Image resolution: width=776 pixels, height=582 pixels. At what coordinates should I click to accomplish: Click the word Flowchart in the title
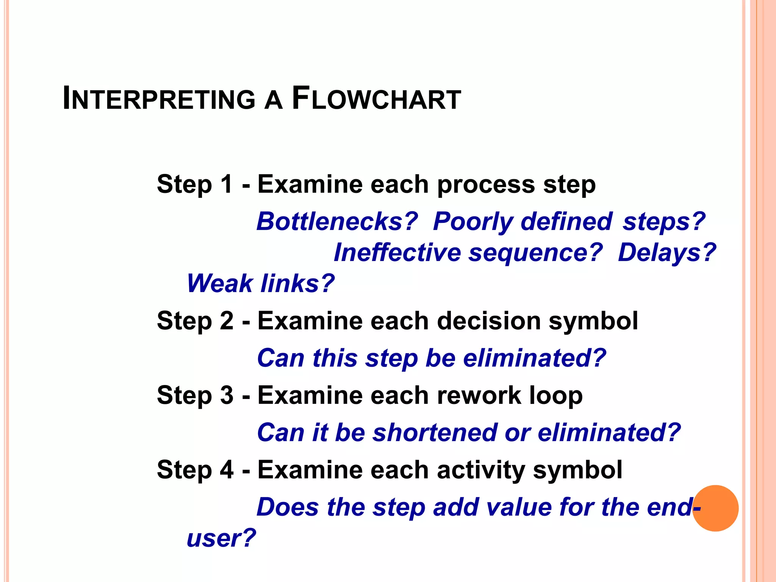tap(376, 99)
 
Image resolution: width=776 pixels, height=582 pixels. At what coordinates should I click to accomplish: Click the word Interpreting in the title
tap(159, 99)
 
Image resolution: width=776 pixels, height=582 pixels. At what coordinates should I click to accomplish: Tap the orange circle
tap(715, 508)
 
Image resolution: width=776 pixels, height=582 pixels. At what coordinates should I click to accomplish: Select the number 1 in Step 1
tap(226, 185)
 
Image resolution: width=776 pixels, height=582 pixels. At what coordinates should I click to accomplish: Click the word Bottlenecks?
tap(337, 221)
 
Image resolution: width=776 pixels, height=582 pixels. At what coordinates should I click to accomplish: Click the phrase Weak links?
tap(261, 283)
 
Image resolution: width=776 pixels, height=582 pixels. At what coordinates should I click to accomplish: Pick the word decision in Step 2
tap(489, 321)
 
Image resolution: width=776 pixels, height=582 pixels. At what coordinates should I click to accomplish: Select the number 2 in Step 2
tap(227, 321)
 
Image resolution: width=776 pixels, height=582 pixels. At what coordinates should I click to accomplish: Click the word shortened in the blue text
tap(435, 433)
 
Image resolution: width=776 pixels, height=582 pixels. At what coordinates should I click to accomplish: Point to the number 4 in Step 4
tap(227, 470)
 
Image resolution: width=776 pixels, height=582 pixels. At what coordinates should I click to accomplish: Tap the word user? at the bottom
tap(221, 538)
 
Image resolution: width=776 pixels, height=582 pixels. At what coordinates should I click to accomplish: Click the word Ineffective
tap(397, 253)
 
